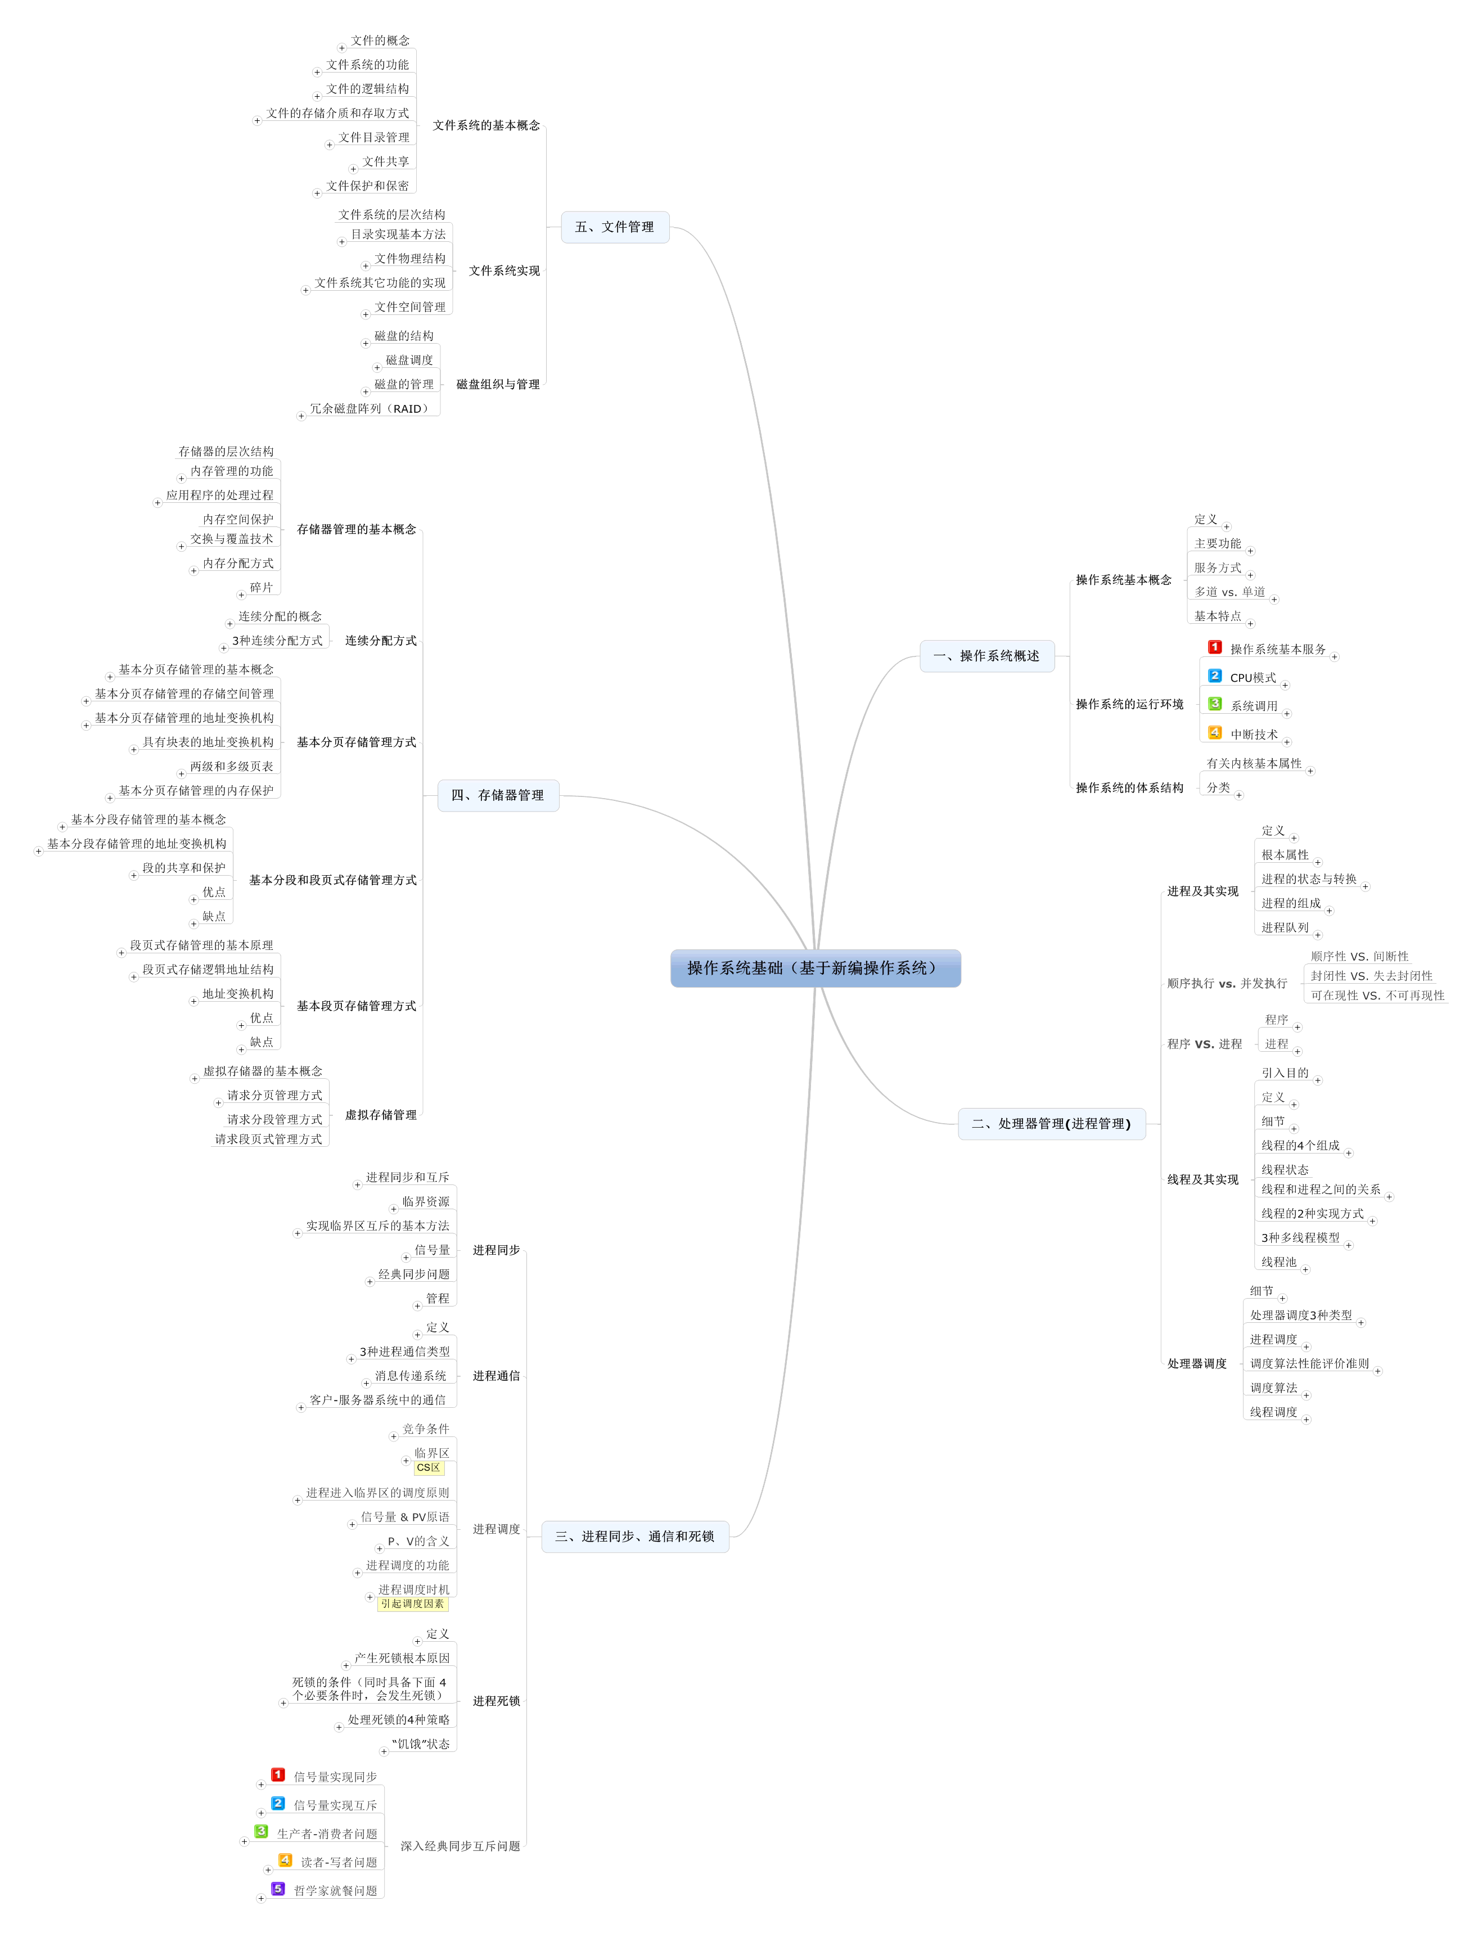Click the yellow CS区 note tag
[x=429, y=1468]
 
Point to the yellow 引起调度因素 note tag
[x=413, y=1603]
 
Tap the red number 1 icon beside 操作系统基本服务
[x=1215, y=647]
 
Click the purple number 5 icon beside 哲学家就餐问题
[x=278, y=1889]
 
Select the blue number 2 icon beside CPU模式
[x=1215, y=675]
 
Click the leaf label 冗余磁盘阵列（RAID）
[x=371, y=408]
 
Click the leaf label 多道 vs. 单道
[x=1229, y=592]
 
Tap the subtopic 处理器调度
[x=1197, y=1364]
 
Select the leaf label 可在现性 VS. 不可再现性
[x=1377, y=996]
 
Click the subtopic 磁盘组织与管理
[x=498, y=385]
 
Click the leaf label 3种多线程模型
[x=1300, y=1237]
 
